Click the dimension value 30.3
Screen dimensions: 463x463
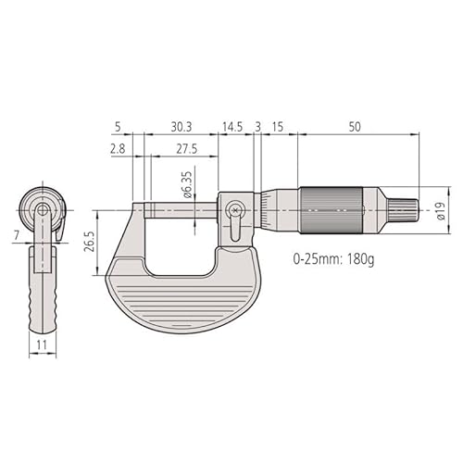point(182,125)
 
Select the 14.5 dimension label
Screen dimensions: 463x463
point(231,125)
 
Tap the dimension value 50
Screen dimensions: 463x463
point(356,125)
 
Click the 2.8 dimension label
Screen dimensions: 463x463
point(118,148)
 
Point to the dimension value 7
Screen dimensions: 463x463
point(17,237)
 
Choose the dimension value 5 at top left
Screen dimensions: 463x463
point(117,125)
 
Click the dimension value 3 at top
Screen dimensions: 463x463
point(257,125)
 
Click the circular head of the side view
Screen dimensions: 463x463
point(43,211)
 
